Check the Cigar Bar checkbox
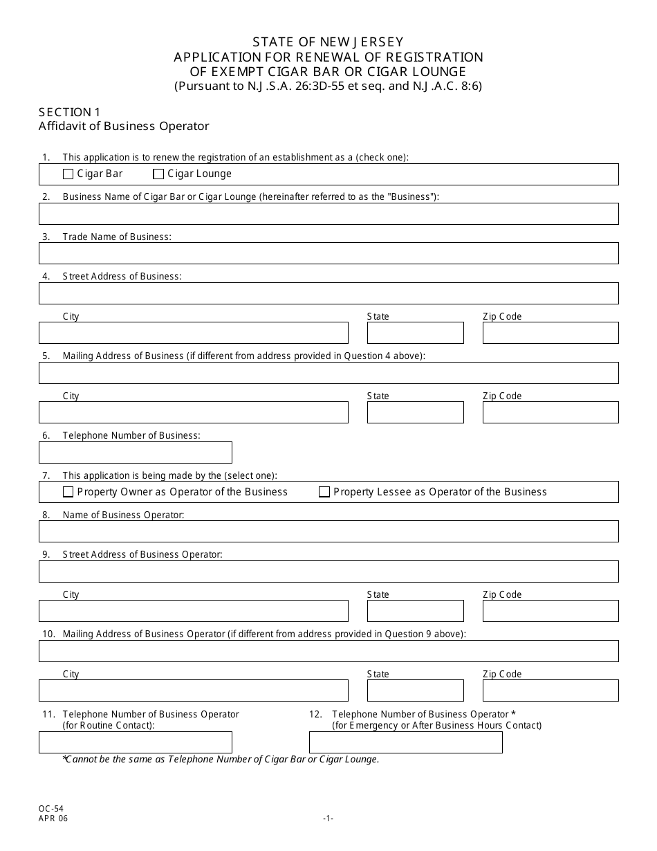pyautogui.click(x=68, y=174)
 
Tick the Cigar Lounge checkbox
pyautogui.click(x=158, y=174)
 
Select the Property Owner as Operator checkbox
pyautogui.click(x=68, y=492)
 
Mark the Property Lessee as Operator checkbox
pyautogui.click(x=324, y=492)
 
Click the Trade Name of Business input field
pyautogui.click(x=328, y=253)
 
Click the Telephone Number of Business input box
pyautogui.click(x=136, y=452)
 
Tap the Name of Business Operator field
pyautogui.click(x=328, y=531)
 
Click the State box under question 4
pyautogui.click(x=415, y=333)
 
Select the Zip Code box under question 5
pyautogui.click(x=550, y=412)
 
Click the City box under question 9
pyautogui.click(x=194, y=611)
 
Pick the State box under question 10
pyautogui.click(x=415, y=690)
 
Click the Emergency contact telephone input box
pyautogui.click(x=405, y=742)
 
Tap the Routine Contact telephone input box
pyautogui.click(x=136, y=742)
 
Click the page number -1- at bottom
pyautogui.click(x=328, y=818)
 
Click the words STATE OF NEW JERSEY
pyautogui.click(x=328, y=42)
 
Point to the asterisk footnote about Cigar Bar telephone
pyautogui.click(x=221, y=759)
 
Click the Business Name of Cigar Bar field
pyautogui.click(x=328, y=214)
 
